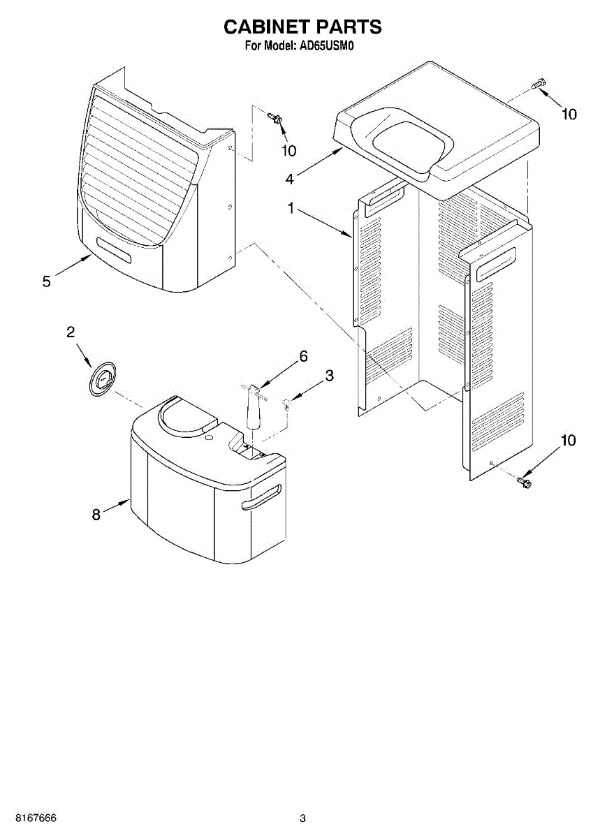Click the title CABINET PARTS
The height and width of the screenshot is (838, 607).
(x=302, y=27)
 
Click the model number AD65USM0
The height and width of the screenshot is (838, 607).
(x=330, y=47)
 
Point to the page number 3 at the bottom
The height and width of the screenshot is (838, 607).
(x=302, y=818)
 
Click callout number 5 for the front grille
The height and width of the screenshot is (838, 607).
(x=46, y=281)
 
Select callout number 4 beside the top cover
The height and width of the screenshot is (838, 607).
(x=289, y=179)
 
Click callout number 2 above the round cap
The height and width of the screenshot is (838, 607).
(x=71, y=332)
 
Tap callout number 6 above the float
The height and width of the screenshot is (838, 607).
(x=303, y=356)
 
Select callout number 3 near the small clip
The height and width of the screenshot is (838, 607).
(x=329, y=376)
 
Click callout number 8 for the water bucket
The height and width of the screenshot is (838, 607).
(x=96, y=515)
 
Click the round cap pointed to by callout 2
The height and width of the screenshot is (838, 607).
(x=103, y=381)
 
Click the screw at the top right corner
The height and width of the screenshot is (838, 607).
(x=536, y=85)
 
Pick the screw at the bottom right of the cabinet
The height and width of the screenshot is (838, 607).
(x=524, y=481)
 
